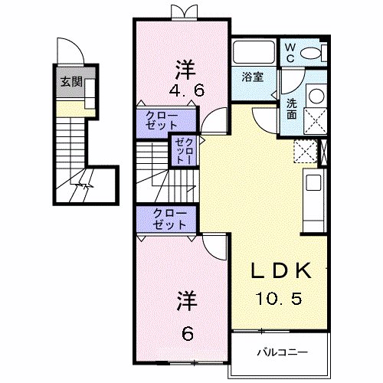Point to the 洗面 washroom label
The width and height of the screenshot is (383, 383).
[x=293, y=110]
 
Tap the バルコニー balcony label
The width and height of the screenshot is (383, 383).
[x=281, y=353]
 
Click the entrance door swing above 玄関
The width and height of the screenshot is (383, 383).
[x=70, y=52]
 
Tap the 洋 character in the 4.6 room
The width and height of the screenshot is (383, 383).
[x=184, y=67]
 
